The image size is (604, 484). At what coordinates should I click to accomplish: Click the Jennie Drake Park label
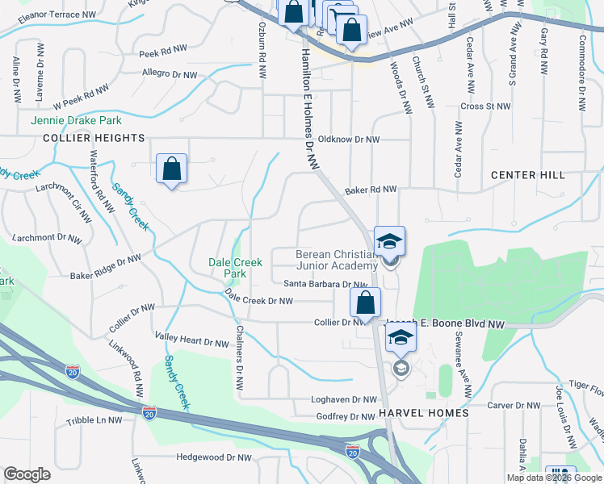(76, 120)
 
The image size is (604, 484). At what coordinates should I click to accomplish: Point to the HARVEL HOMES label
(428, 413)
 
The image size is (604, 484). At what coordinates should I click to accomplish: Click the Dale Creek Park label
(236, 268)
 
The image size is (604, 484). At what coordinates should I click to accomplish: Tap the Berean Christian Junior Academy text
(338, 259)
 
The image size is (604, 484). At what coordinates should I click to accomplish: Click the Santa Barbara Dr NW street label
(325, 284)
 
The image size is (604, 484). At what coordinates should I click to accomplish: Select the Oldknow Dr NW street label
(348, 139)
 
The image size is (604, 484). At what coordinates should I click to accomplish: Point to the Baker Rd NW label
(371, 190)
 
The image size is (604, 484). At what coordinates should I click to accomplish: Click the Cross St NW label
(485, 106)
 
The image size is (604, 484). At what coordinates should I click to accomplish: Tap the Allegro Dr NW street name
(170, 74)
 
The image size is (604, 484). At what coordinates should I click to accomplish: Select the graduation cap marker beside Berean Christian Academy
(389, 241)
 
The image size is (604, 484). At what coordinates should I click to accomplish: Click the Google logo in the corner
(27, 474)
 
